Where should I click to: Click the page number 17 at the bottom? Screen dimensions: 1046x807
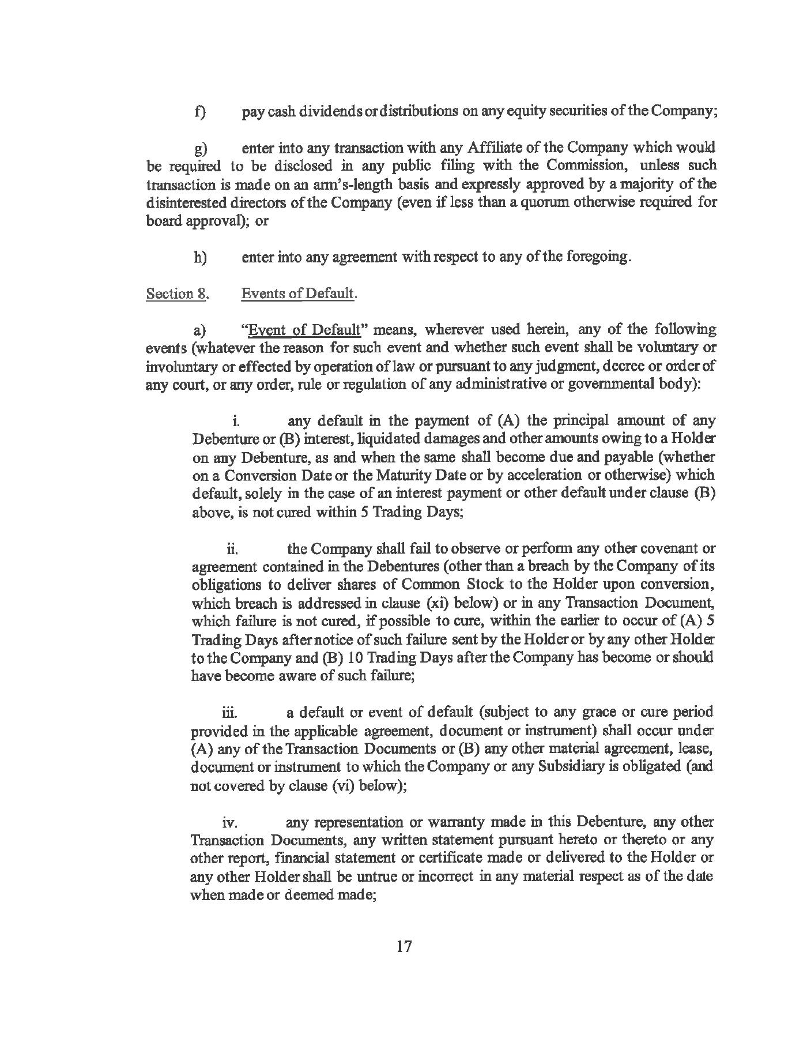(x=403, y=947)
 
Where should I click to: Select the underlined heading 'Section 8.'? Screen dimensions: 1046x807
(x=176, y=294)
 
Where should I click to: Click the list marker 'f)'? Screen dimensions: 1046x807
(x=201, y=111)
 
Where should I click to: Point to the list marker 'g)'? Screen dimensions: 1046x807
(x=200, y=150)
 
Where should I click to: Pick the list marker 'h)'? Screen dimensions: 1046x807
(x=201, y=257)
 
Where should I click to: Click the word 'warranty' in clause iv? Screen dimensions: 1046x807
(x=448, y=822)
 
